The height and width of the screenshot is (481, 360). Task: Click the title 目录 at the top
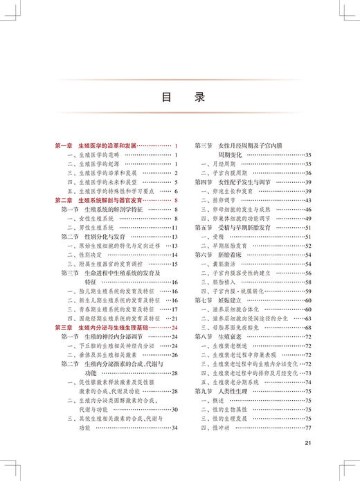[179, 98]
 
